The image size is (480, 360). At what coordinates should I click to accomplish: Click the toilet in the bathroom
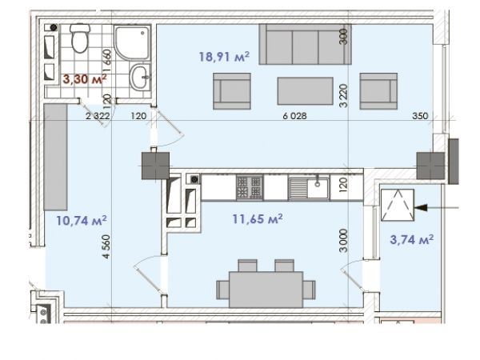(x=80, y=38)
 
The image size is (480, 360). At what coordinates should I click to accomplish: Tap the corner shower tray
(x=132, y=42)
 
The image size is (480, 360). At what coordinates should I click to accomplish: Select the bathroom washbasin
(x=140, y=77)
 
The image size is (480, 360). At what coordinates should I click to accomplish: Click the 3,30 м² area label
(x=85, y=79)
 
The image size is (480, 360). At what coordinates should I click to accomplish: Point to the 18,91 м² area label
(x=224, y=57)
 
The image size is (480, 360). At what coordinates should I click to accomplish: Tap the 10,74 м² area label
(x=82, y=221)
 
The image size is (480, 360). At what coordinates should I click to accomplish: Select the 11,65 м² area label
(x=258, y=219)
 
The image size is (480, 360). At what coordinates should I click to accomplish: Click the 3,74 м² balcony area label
(x=412, y=239)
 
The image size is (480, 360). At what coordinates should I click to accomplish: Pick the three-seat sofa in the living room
(x=305, y=44)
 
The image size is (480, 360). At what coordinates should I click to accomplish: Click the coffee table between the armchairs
(x=306, y=91)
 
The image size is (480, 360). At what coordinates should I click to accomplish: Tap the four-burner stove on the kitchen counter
(x=250, y=187)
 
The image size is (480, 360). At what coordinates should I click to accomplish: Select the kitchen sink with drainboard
(x=309, y=187)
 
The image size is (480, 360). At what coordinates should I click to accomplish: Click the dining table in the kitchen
(x=266, y=290)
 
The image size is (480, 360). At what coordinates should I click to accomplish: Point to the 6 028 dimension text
(x=294, y=116)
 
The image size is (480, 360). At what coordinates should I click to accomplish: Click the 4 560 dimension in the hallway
(x=106, y=246)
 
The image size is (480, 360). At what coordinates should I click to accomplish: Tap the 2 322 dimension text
(x=98, y=116)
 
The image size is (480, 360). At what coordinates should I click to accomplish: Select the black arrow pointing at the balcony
(x=436, y=208)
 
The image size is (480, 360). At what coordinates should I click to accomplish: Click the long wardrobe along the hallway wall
(x=55, y=157)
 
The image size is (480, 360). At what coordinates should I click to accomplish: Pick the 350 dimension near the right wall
(x=420, y=116)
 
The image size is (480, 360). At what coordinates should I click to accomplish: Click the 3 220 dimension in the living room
(x=344, y=96)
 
